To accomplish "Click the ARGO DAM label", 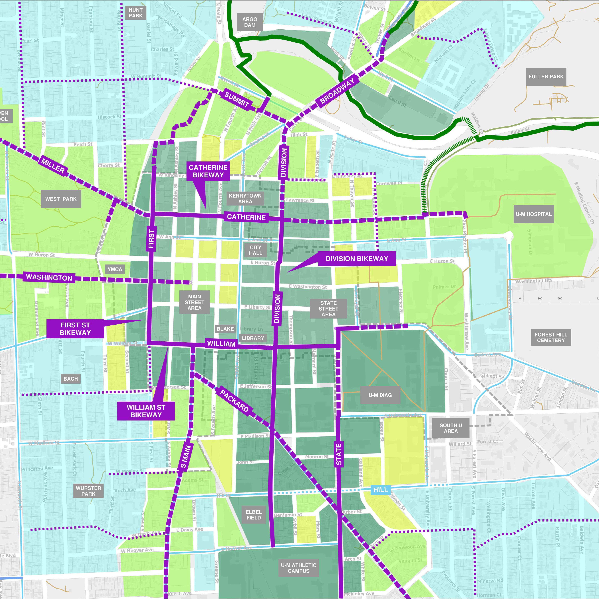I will pyautogui.click(x=250, y=22).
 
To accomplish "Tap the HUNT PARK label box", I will pyautogui.click(x=136, y=13).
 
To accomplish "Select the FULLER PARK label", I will pyautogui.click(x=546, y=77).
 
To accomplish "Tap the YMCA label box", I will pyautogui.click(x=115, y=269).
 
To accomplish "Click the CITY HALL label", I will pyautogui.click(x=255, y=250).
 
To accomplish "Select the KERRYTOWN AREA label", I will pyautogui.click(x=245, y=198).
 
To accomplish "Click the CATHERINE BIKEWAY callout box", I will pyautogui.click(x=208, y=171).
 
